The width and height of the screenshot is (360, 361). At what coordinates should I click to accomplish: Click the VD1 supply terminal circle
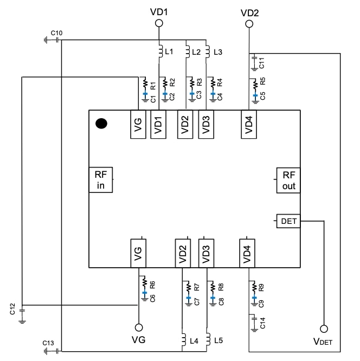pos(159,23)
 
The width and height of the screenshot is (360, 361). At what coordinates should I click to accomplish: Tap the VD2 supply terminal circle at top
pos(248,24)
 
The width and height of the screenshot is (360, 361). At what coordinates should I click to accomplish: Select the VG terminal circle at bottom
pos(138,327)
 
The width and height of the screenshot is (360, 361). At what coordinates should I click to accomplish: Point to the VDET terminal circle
pos(324,328)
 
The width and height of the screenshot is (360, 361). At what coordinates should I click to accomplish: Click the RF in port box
pos(101,180)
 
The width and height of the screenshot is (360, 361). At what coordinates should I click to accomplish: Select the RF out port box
pos(288,180)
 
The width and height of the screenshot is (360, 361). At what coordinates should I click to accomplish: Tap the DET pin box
pos(288,221)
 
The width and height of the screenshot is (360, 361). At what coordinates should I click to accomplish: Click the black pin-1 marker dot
pos(101,124)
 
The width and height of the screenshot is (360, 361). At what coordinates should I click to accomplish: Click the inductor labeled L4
pos(183,339)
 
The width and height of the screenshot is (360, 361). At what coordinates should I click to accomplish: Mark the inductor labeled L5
pos(207,339)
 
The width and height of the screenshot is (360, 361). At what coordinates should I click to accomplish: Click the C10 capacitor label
pos(56,34)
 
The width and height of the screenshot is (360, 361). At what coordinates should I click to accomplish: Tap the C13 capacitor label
pos(49,343)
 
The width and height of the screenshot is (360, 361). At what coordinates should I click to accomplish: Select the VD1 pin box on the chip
pos(158,124)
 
